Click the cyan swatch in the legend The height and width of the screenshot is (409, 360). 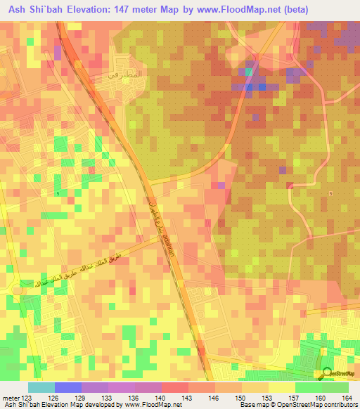(x=41, y=387)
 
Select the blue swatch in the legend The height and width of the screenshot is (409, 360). (x=68, y=387)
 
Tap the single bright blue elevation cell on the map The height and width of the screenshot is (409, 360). (x=262, y=87)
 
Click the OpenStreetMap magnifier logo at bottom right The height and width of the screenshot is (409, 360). (x=326, y=372)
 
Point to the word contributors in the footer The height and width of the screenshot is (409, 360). (x=337, y=405)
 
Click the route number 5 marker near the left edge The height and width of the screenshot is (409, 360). (x=57, y=193)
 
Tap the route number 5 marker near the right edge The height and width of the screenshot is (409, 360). (x=330, y=193)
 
